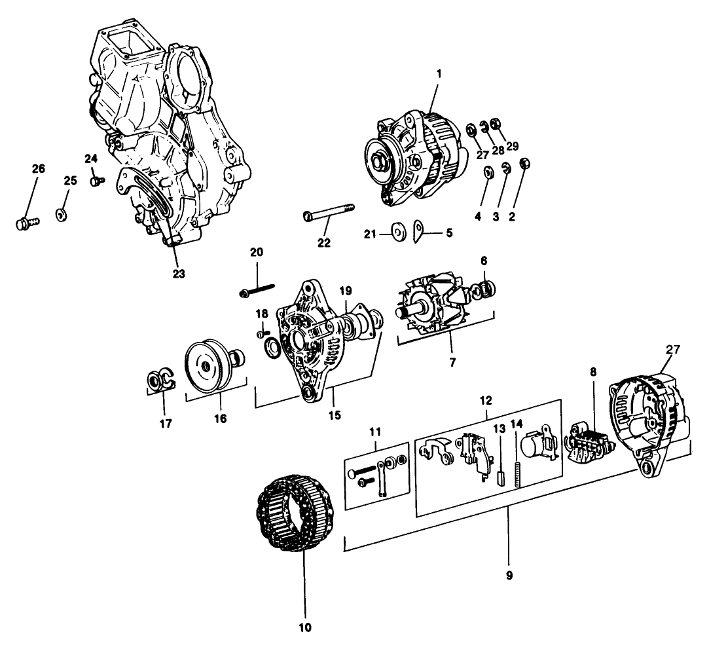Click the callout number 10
pos(305,627)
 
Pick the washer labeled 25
pos(60,215)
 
